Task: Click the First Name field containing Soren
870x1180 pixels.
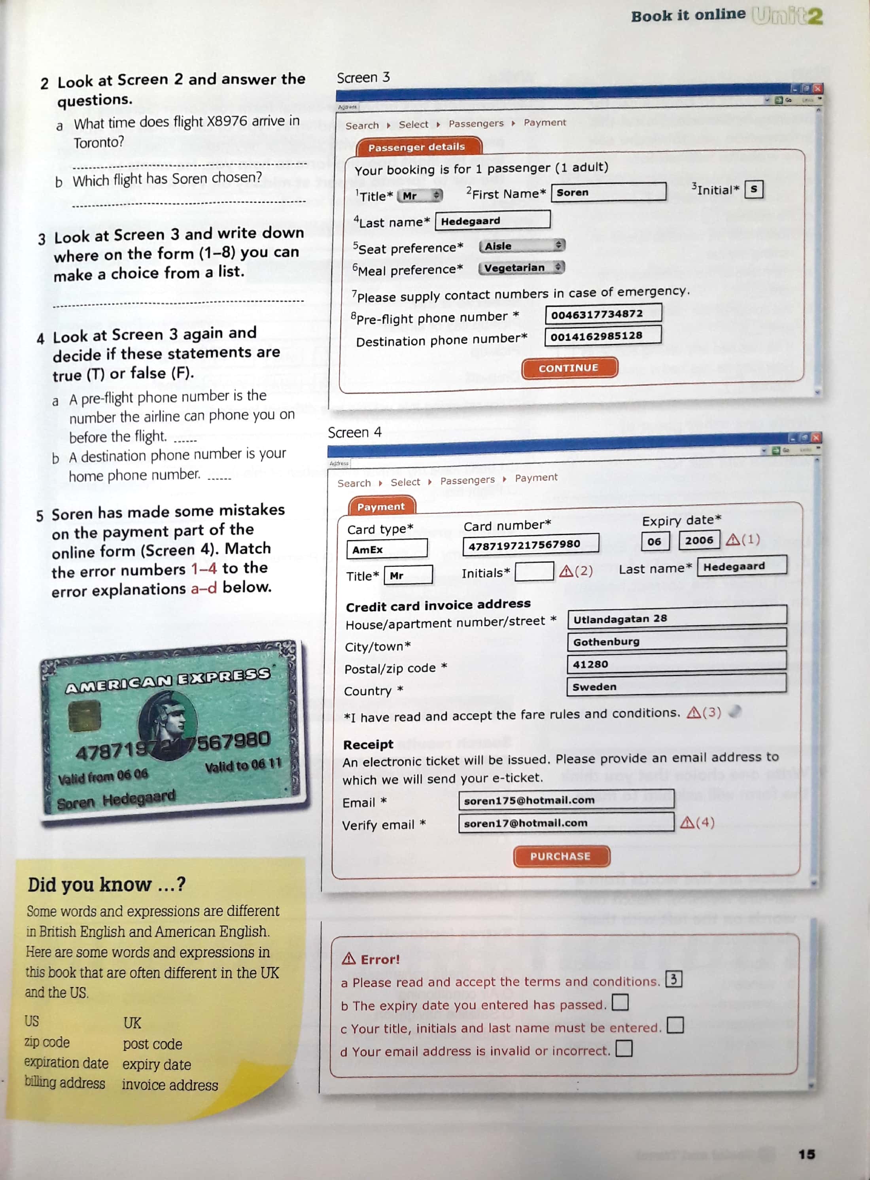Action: (608, 192)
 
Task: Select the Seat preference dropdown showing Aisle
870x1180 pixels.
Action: (521, 246)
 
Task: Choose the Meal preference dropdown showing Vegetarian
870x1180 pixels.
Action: (521, 267)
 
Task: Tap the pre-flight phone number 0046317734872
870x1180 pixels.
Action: (603, 314)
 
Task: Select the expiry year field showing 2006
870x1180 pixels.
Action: (698, 540)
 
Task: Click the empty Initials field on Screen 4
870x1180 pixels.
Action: (533, 572)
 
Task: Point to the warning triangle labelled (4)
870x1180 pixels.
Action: (687, 822)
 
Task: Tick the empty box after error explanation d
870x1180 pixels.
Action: (624, 1048)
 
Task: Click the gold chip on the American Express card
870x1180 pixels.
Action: (85, 716)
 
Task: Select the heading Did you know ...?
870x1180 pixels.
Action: (107, 885)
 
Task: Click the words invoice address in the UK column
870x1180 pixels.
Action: (170, 1085)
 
